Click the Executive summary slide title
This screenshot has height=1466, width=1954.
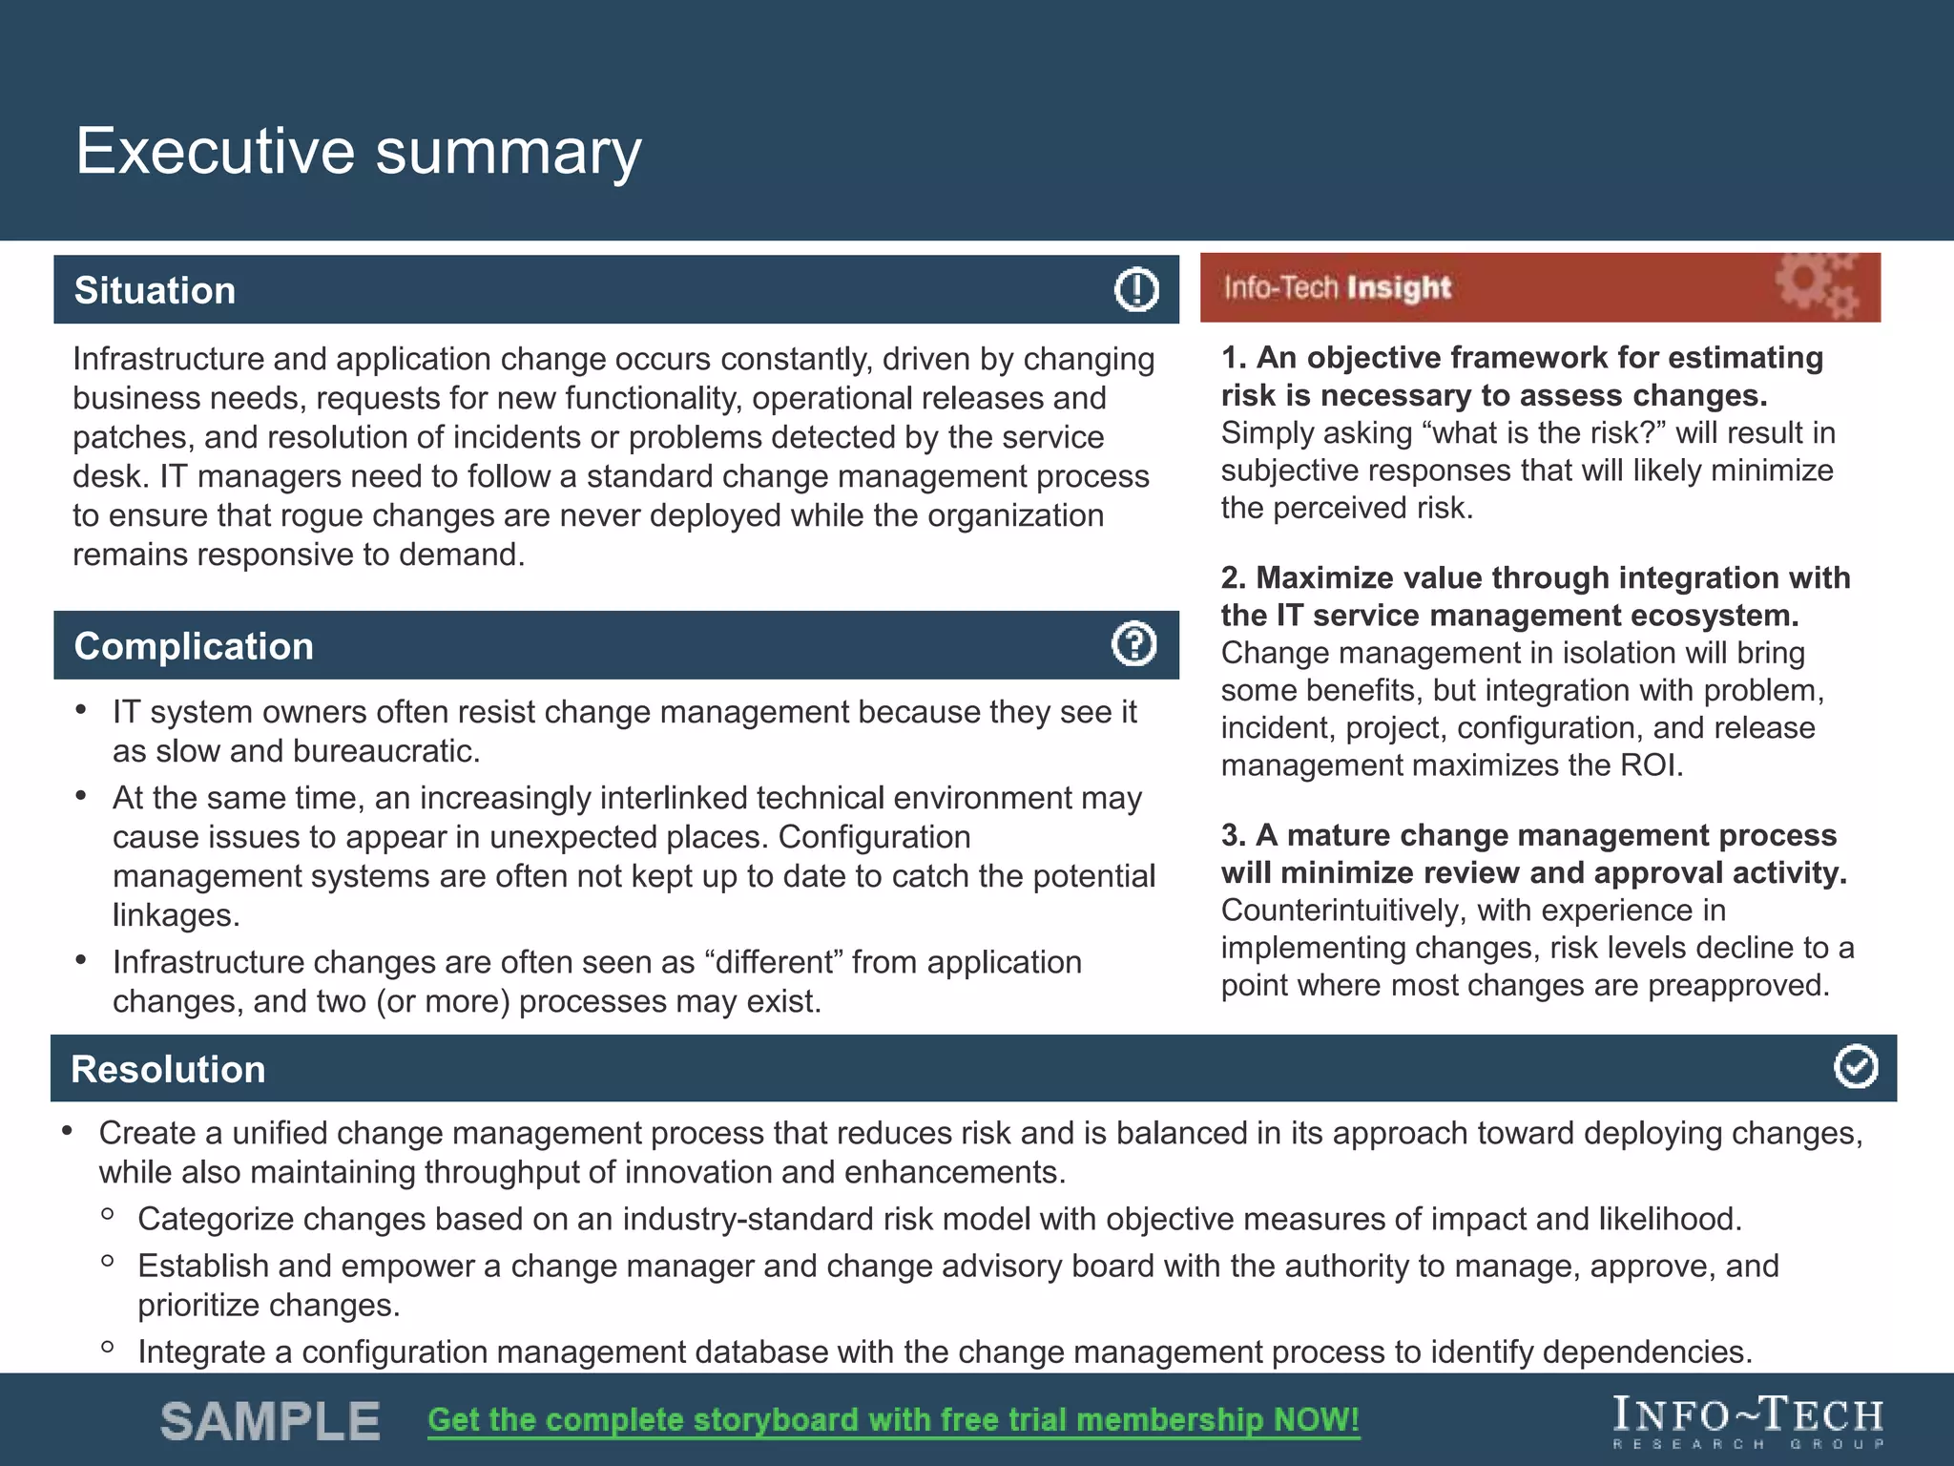point(358,152)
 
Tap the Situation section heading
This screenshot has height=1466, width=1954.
point(155,291)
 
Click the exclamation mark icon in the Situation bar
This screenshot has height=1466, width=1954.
point(1136,289)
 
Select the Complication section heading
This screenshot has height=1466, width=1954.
point(194,646)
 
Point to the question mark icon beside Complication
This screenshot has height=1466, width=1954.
point(1134,644)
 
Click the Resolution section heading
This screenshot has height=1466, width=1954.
point(168,1069)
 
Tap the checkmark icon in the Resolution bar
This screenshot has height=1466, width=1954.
point(1855,1067)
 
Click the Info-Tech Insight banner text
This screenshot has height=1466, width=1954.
point(1337,287)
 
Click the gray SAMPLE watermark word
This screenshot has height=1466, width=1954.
point(270,1421)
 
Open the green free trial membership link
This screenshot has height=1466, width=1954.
point(893,1420)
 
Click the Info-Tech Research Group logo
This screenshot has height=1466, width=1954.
point(1748,1422)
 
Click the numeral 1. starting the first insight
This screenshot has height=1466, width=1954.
point(1234,358)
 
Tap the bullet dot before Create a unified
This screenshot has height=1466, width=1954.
point(67,1131)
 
